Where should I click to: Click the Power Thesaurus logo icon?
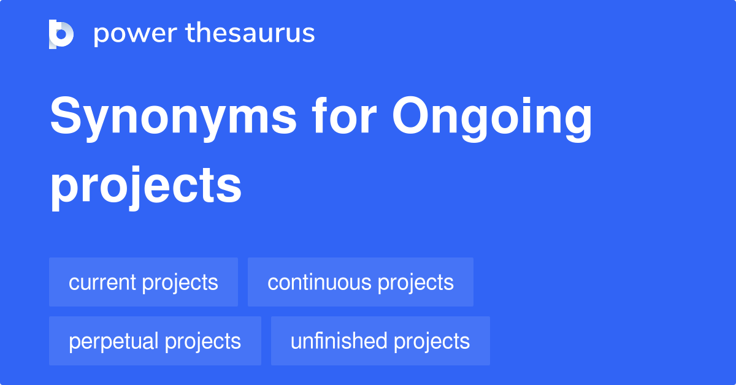(x=61, y=34)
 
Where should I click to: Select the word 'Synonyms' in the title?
(x=173, y=118)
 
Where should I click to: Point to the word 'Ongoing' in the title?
(x=493, y=118)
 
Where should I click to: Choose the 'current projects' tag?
(x=144, y=282)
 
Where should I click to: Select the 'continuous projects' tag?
(x=361, y=282)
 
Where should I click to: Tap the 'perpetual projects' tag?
(x=155, y=341)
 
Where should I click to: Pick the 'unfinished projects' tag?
(x=380, y=341)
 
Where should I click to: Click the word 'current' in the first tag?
(x=102, y=282)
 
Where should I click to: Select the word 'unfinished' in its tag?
(x=339, y=341)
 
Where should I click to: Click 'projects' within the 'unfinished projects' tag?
(x=432, y=341)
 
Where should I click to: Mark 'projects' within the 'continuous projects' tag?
(x=416, y=283)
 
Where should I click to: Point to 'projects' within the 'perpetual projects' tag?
(x=203, y=341)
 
